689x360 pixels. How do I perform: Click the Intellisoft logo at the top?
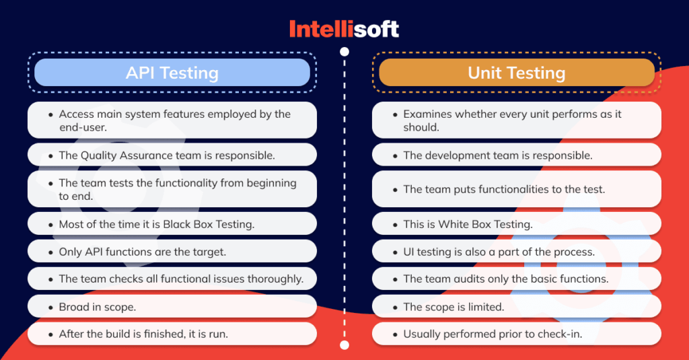pyautogui.click(x=344, y=28)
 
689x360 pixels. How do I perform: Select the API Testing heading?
pyautogui.click(x=172, y=73)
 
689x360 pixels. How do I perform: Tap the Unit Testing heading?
pyautogui.click(x=517, y=73)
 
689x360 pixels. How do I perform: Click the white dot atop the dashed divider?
pyautogui.click(x=344, y=51)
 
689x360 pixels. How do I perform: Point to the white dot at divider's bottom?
pyautogui.click(x=344, y=345)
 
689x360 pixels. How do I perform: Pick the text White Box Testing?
pyautogui.click(x=484, y=224)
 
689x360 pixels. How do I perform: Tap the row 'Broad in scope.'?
pyautogui.click(x=172, y=306)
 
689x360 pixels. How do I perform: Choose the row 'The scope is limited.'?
pyautogui.click(x=517, y=306)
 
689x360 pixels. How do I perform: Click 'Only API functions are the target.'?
pyautogui.click(x=172, y=251)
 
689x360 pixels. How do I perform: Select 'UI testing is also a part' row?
pyautogui.click(x=517, y=251)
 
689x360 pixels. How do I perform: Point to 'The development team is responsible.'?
pyautogui.click(x=517, y=155)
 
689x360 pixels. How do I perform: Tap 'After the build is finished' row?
pyautogui.click(x=172, y=334)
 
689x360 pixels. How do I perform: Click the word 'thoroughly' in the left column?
pyautogui.click(x=276, y=279)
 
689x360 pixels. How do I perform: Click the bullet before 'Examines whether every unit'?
pyautogui.click(x=395, y=114)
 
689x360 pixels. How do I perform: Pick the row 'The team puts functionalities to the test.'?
pyautogui.click(x=517, y=189)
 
